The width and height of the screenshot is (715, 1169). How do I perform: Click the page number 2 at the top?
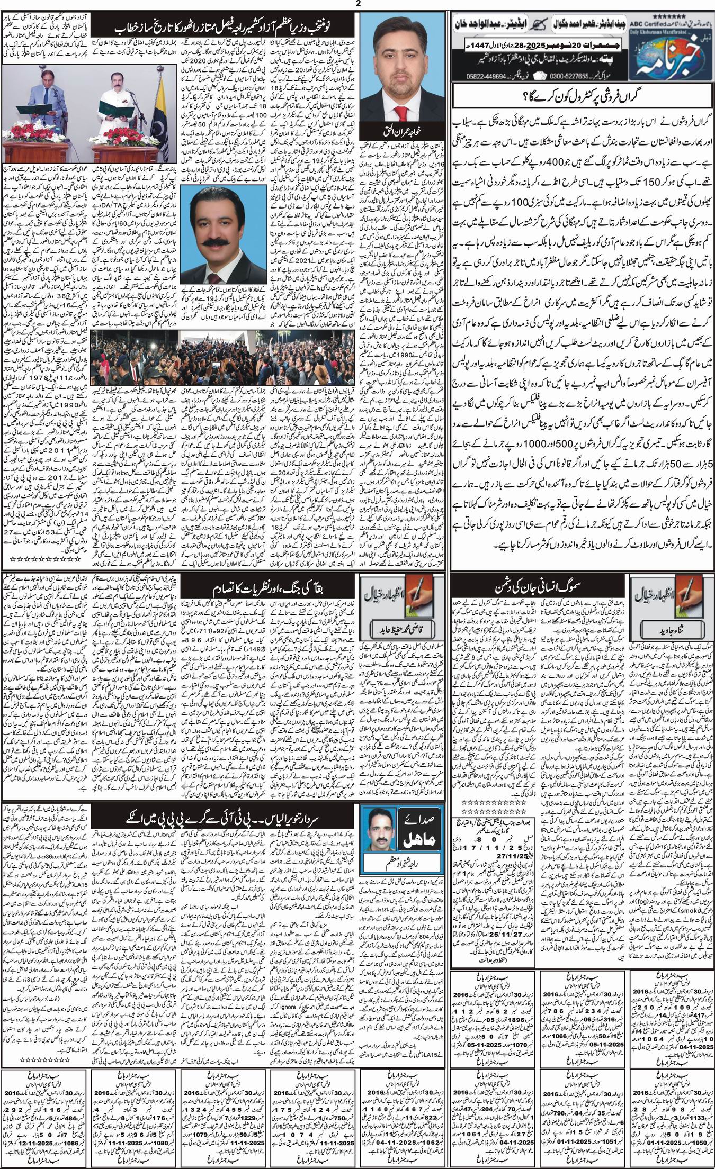click(x=358, y=4)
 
